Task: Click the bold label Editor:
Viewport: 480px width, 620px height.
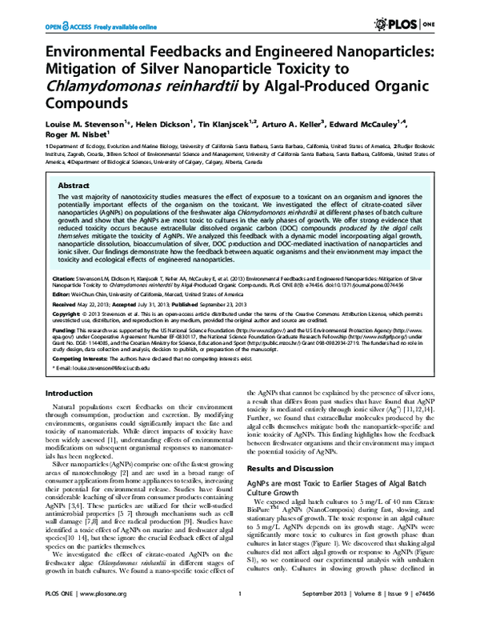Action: pyautogui.click(x=59, y=293)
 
